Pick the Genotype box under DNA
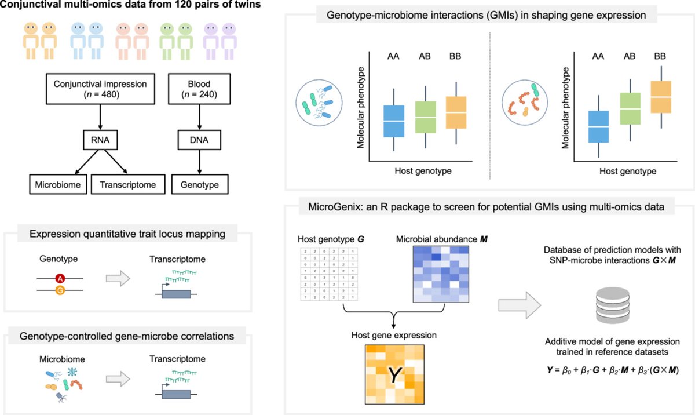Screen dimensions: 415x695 200,185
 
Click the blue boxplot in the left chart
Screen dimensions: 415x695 394,121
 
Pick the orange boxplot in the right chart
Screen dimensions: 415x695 661,97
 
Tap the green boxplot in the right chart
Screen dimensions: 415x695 630,108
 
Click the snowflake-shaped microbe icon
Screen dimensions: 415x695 72,372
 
